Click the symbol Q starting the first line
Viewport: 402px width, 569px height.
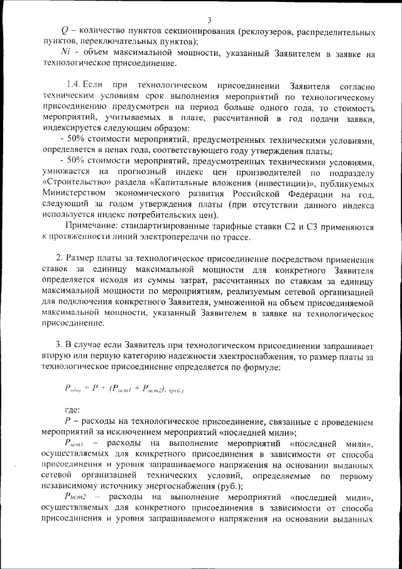[x=65, y=31]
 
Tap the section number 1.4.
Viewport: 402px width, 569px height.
[x=75, y=84]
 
